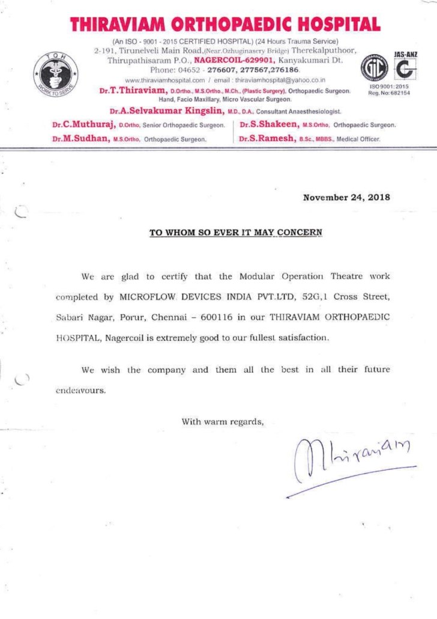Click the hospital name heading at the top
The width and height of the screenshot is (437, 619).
[225, 25]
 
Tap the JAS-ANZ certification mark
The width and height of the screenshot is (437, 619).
[406, 68]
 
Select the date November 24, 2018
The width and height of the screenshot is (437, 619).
[346, 197]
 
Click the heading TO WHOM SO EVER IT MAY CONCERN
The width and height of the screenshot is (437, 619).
[236, 231]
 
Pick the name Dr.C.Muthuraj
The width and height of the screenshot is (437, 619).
[83, 125]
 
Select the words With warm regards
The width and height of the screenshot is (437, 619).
[223, 421]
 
